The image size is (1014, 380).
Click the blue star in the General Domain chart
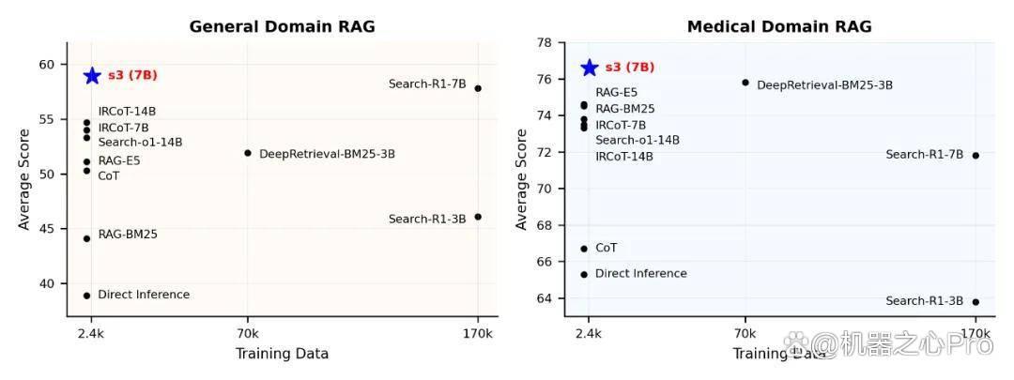point(92,76)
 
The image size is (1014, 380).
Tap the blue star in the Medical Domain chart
point(589,68)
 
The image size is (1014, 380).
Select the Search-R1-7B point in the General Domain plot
point(478,88)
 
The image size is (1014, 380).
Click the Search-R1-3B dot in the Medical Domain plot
point(976,302)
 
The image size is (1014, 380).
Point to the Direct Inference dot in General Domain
point(86,296)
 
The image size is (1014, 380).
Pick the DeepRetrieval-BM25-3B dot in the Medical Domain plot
point(745,83)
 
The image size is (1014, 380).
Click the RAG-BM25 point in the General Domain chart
point(86,238)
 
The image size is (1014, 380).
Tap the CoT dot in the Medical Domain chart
point(584,249)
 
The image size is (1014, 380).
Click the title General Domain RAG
point(282,27)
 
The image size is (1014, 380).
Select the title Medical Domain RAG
point(779,27)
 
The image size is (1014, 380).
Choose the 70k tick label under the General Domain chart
point(248,334)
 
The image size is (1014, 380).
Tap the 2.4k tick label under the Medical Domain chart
point(589,334)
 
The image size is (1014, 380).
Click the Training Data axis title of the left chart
point(282,354)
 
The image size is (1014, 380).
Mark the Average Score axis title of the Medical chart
point(521,179)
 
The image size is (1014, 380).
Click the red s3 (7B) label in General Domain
point(132,75)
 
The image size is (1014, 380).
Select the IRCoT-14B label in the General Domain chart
point(128,112)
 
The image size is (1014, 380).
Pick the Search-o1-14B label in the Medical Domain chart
point(638,140)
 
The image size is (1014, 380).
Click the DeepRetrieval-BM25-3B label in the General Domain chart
point(328,154)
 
